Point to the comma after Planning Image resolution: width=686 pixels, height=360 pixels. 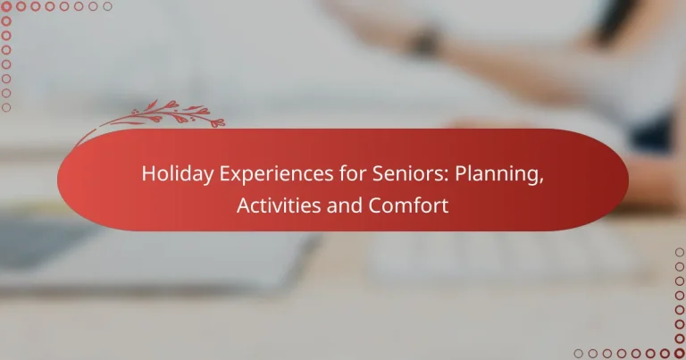[x=542, y=179]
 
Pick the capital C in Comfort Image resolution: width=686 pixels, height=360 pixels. [x=374, y=205]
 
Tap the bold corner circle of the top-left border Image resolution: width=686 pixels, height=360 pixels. [x=6, y=6]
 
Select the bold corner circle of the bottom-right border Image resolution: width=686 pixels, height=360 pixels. [x=679, y=353]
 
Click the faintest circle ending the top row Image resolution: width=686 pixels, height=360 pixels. [x=108, y=6]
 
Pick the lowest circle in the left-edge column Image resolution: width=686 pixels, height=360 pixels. [x=6, y=107]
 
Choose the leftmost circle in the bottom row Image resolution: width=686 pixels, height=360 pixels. [x=578, y=353]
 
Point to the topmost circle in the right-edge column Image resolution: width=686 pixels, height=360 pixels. [x=679, y=253]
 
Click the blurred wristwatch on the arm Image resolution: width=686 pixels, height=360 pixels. [x=427, y=40]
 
